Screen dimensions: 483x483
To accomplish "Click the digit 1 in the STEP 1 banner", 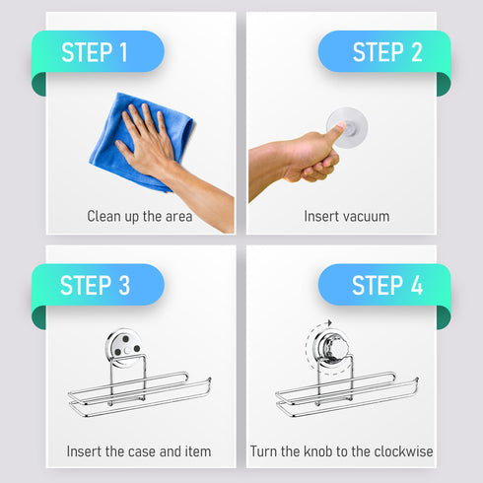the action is tap(123, 52).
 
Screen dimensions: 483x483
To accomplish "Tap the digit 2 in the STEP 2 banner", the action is tap(417, 52).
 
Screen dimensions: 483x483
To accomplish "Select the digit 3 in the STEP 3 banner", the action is tap(124, 285).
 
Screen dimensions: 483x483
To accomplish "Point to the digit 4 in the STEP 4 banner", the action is tap(417, 285).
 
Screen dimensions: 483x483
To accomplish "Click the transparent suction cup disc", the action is tap(347, 127).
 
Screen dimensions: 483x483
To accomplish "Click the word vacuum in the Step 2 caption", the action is tap(367, 217).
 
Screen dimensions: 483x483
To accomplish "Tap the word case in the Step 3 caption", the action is tap(141, 451).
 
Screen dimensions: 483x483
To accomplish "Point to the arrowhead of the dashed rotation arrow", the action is tap(329, 322).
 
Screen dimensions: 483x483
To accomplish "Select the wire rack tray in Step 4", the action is tap(347, 392).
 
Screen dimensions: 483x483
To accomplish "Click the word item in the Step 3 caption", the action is tap(198, 451).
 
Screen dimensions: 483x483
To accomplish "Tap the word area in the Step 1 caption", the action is tap(178, 217).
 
